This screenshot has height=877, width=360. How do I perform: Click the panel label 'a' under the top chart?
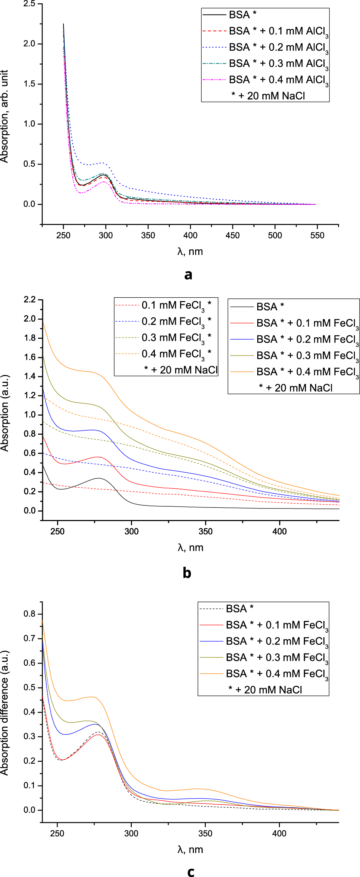(188, 275)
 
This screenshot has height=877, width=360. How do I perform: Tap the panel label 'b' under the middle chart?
(187, 573)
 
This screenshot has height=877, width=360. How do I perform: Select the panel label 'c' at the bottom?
(191, 871)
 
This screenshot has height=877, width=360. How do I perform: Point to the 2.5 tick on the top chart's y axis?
(29, 4)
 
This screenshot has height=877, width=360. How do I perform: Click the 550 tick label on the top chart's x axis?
(317, 236)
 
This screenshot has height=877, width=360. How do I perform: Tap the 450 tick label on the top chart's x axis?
(233, 236)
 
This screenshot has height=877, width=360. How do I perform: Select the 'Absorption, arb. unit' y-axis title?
(5, 116)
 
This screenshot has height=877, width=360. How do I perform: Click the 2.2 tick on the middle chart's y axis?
(30, 300)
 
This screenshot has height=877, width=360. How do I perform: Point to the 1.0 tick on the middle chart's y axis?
(30, 415)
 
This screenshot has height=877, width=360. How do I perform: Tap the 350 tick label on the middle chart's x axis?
(205, 531)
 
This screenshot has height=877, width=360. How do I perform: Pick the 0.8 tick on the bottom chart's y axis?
(30, 614)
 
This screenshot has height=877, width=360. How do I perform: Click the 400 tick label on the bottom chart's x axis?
(279, 833)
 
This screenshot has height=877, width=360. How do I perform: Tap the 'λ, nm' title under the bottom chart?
(190, 850)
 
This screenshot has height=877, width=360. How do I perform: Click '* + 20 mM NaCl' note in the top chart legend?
(268, 96)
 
